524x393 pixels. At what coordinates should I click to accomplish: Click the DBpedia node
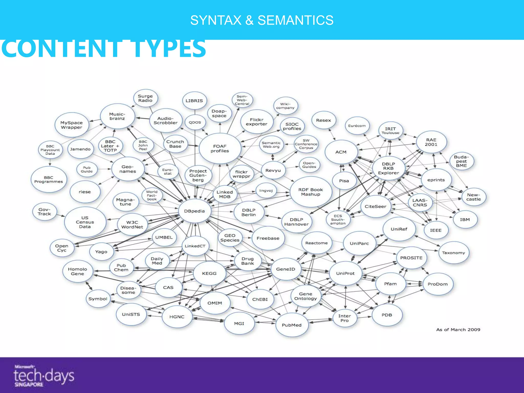click(x=194, y=211)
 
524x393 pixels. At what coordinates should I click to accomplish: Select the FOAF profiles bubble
click(x=220, y=148)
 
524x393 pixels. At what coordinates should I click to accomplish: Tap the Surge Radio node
click(x=145, y=98)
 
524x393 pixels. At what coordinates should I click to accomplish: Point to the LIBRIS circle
click(x=194, y=101)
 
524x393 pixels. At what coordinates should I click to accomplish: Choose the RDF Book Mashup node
click(x=311, y=192)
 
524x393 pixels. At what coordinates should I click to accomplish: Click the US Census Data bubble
click(x=85, y=222)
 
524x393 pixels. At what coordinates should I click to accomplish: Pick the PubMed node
click(x=292, y=325)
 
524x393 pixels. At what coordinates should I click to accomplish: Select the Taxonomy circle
click(x=453, y=253)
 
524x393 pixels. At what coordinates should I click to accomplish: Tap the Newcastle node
click(x=473, y=197)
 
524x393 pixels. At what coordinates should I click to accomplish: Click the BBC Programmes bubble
click(x=49, y=180)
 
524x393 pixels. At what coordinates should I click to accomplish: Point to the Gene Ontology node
click(x=305, y=296)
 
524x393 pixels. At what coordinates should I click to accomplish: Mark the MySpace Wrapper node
click(x=72, y=125)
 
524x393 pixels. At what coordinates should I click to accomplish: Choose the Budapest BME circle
click(x=461, y=161)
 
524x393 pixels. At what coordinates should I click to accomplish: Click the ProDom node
click(x=438, y=284)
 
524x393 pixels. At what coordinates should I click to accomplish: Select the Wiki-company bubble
click(x=285, y=106)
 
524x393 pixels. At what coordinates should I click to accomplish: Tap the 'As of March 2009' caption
click(x=458, y=330)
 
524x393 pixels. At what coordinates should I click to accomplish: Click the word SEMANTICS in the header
click(x=295, y=20)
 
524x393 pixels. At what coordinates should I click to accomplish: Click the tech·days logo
click(x=43, y=376)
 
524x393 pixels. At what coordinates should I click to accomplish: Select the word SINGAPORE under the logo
click(x=29, y=385)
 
